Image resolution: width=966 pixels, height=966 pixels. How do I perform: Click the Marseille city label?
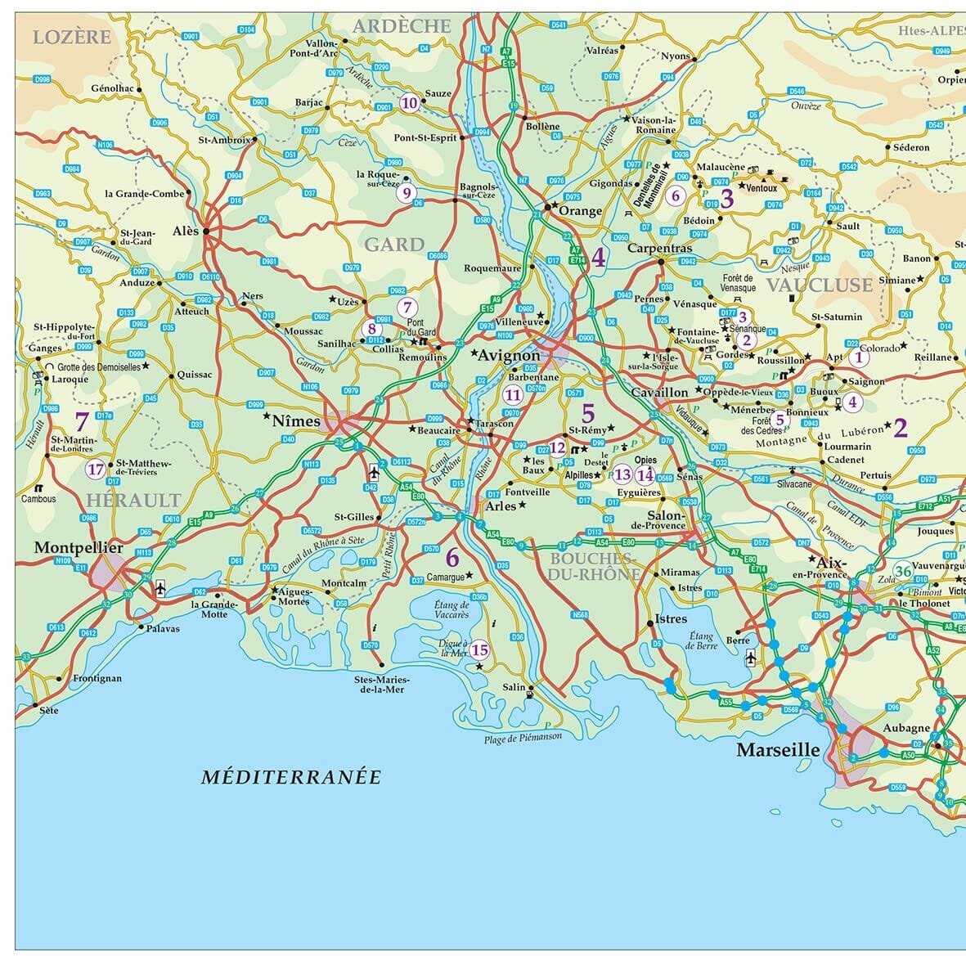tap(778, 750)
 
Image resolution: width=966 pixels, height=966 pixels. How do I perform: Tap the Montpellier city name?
tap(79, 547)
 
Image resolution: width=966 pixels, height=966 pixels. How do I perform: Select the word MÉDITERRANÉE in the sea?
tap(291, 777)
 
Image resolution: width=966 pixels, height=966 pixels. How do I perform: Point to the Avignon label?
tap(509, 356)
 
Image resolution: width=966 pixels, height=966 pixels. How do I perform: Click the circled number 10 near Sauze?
tap(409, 103)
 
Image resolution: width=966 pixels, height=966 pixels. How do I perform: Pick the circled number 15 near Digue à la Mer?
tap(479, 650)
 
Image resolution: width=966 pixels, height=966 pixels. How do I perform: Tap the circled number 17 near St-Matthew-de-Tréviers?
tap(96, 470)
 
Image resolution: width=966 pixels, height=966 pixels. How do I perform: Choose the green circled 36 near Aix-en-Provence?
tap(903, 571)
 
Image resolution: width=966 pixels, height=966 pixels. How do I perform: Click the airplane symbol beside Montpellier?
tap(160, 587)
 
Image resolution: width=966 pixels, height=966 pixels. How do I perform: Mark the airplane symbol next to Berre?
tap(751, 657)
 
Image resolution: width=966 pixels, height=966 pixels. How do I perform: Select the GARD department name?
tap(394, 245)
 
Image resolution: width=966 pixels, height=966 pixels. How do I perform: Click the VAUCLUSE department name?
tap(819, 285)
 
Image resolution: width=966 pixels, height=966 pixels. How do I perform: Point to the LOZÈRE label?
tap(72, 37)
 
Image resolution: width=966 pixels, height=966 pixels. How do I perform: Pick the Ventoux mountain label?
tap(762, 188)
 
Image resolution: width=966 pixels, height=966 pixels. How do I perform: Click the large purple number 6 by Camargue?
tap(452, 559)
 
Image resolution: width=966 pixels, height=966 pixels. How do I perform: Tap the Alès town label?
tap(186, 231)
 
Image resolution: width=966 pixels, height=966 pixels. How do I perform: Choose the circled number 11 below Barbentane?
tap(513, 395)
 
